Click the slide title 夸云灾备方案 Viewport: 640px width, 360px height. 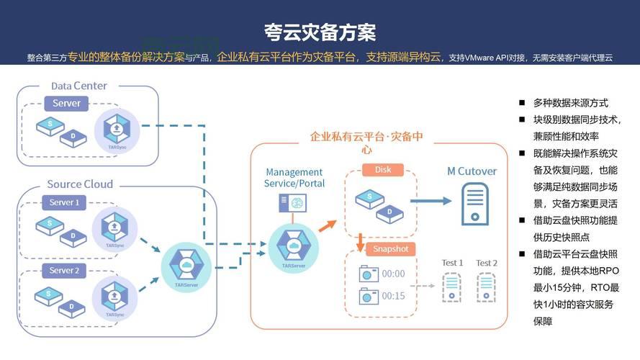[x=320, y=32]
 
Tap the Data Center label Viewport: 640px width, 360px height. [x=79, y=86]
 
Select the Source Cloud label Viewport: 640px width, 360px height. [x=80, y=184]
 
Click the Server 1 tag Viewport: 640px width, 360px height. [x=64, y=202]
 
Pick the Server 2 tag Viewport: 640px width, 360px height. [x=63, y=271]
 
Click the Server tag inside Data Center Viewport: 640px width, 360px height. [x=66, y=104]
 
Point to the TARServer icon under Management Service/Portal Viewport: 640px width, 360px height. [x=293, y=246]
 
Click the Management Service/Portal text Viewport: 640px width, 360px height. [x=295, y=178]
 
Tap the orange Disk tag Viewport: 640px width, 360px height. [x=383, y=170]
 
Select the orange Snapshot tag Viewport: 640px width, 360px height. [x=390, y=249]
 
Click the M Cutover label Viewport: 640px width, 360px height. [x=472, y=171]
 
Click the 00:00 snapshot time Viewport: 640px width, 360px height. [x=393, y=274]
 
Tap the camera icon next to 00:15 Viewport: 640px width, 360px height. [x=369, y=296]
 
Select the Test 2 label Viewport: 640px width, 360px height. [x=487, y=263]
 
